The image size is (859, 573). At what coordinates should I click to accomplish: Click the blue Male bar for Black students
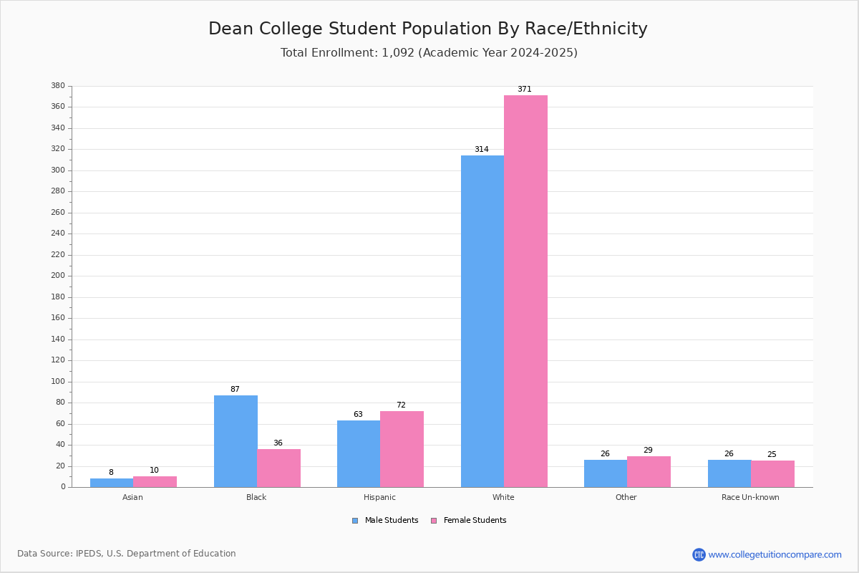click(236, 441)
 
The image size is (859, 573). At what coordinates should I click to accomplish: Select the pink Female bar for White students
click(525, 291)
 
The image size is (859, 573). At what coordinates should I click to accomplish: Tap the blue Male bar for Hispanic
click(359, 453)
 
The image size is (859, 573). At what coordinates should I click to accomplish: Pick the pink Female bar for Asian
click(155, 481)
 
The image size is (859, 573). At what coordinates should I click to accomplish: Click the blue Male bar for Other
click(606, 473)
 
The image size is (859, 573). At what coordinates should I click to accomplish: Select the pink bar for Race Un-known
click(772, 473)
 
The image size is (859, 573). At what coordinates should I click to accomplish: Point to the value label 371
click(525, 90)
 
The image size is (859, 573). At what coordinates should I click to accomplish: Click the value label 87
click(235, 390)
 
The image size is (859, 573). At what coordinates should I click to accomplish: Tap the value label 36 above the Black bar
click(278, 443)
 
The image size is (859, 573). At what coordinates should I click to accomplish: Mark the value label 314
click(482, 150)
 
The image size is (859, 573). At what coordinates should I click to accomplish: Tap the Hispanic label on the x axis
click(379, 497)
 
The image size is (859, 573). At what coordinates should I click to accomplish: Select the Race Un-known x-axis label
click(750, 497)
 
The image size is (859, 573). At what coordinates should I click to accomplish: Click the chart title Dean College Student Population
click(428, 29)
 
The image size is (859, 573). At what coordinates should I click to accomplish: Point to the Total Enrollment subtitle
click(429, 53)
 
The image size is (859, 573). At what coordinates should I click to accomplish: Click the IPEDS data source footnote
click(127, 554)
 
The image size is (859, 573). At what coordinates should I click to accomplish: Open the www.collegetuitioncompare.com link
click(775, 554)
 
